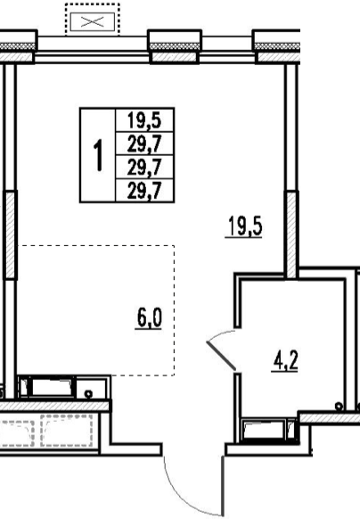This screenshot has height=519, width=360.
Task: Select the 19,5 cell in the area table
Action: (144, 119)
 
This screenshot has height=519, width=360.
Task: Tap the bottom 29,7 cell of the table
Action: (144, 190)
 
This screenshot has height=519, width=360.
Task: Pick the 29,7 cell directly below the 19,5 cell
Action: (144, 144)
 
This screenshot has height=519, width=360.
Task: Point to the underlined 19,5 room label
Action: (244, 227)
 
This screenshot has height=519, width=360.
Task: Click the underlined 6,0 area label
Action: (149, 318)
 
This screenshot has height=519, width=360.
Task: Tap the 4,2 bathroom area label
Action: (285, 361)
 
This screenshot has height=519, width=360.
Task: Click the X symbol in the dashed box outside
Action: (93, 21)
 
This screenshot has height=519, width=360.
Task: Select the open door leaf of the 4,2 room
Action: (221, 355)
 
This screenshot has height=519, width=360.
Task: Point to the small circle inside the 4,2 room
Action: (339, 406)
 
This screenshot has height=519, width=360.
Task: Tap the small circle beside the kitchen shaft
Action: (88, 394)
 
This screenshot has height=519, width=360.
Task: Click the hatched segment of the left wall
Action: (11, 235)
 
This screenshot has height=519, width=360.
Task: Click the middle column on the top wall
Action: (175, 46)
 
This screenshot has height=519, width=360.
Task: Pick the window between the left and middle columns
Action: (92, 49)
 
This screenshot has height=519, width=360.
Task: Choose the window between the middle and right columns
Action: (227, 49)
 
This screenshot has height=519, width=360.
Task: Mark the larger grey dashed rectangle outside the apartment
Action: (67, 430)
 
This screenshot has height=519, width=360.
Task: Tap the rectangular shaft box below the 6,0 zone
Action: (63, 387)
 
